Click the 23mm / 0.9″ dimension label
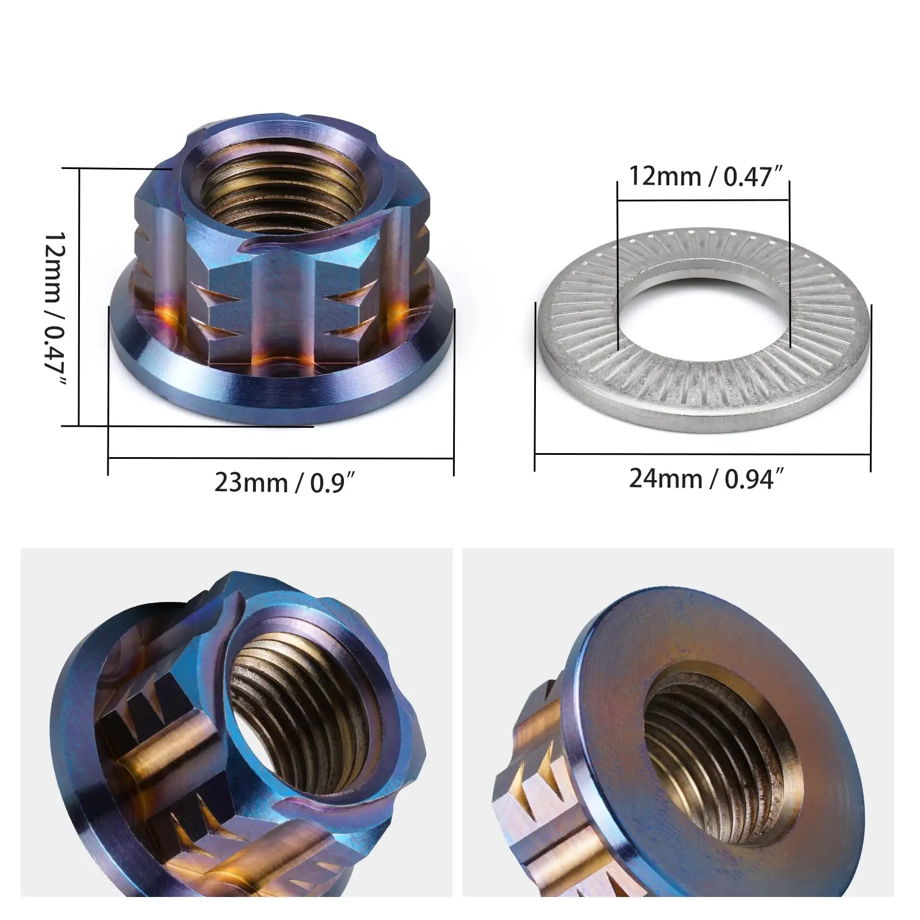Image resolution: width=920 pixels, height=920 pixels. point(282,482)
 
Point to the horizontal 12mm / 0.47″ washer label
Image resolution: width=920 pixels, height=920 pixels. point(707,176)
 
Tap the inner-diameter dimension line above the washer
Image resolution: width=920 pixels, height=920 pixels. point(703,201)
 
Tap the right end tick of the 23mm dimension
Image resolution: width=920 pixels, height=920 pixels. point(454,391)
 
